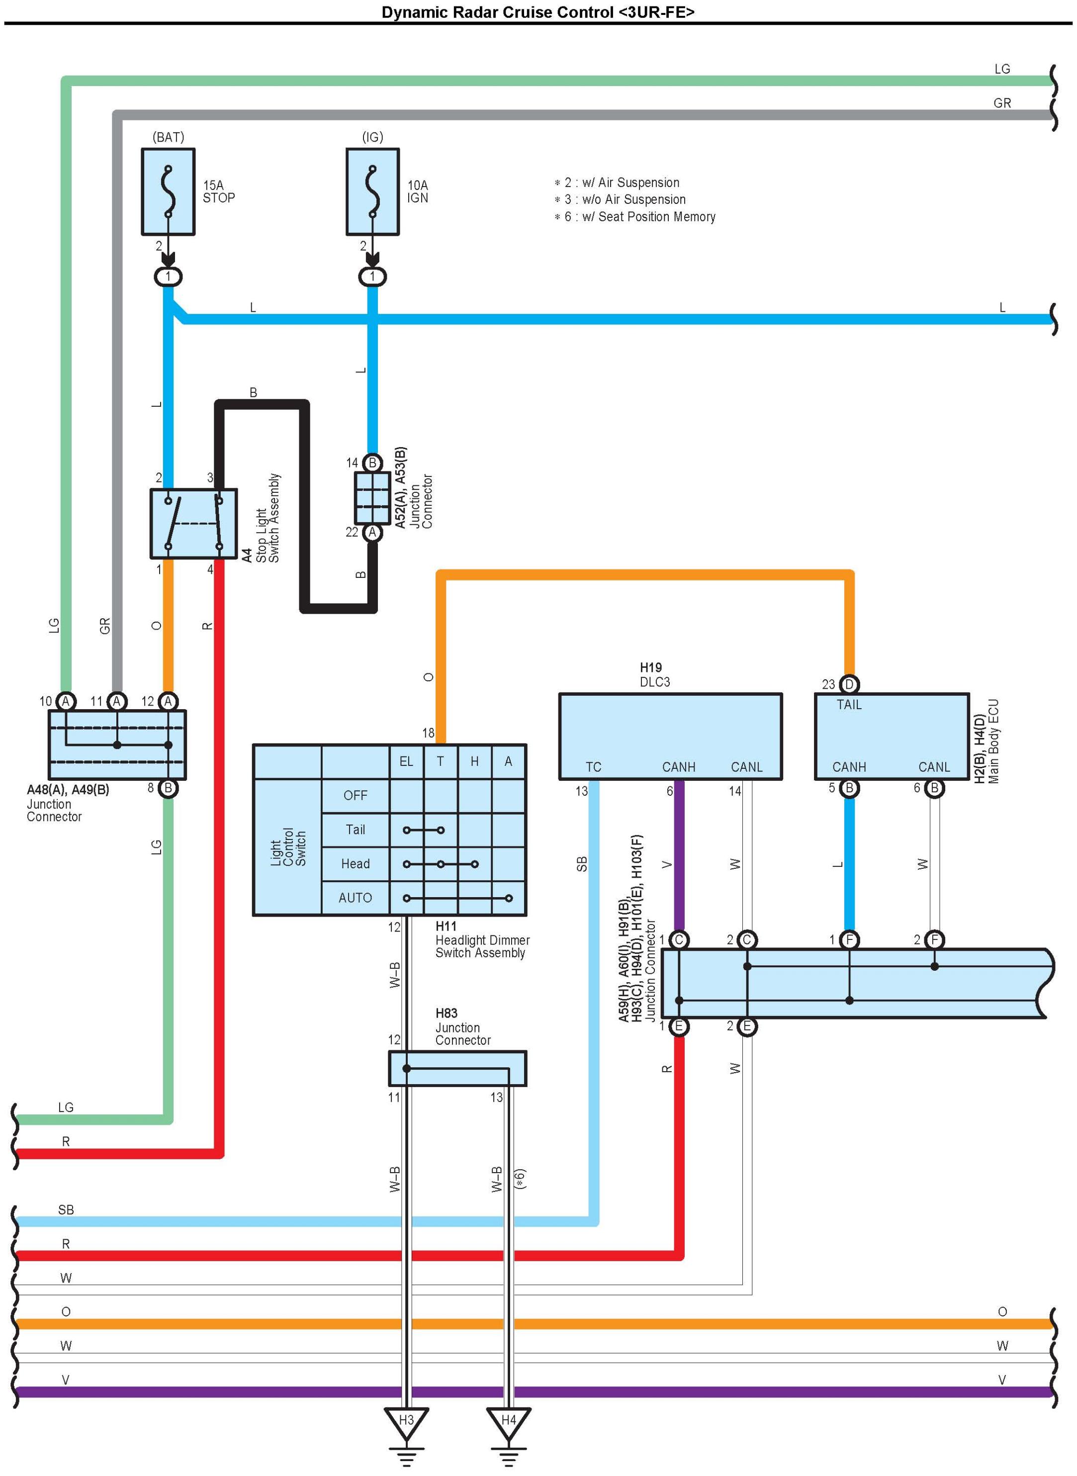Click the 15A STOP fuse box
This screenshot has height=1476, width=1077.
pyautogui.click(x=168, y=191)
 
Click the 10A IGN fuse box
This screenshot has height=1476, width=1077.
pyautogui.click(x=372, y=191)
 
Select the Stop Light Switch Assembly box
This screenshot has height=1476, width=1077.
pyautogui.click(x=193, y=524)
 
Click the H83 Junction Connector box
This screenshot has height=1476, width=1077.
pyautogui.click(x=457, y=1068)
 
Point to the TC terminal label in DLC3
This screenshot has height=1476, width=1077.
pyautogui.click(x=593, y=767)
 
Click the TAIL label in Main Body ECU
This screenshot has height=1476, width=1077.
pyautogui.click(x=849, y=705)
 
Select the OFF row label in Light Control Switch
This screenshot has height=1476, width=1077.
pyautogui.click(x=356, y=795)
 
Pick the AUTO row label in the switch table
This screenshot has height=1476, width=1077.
pyautogui.click(x=356, y=898)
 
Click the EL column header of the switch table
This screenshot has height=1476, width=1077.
pyautogui.click(x=406, y=761)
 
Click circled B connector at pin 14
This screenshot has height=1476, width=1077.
pyautogui.click(x=372, y=463)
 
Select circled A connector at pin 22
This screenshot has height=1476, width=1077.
pyautogui.click(x=372, y=532)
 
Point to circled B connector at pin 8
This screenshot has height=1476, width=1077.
pyautogui.click(x=168, y=788)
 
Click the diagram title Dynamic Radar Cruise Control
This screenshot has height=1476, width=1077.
pyautogui.click(x=538, y=12)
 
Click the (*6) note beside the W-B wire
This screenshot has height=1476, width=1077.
pyautogui.click(x=520, y=1178)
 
